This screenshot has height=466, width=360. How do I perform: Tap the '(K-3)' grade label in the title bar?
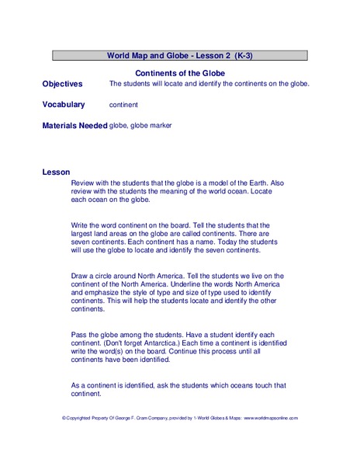tap(240, 56)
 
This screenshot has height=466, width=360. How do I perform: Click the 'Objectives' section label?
tap(62, 83)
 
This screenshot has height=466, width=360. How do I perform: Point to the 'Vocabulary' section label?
tap(64, 104)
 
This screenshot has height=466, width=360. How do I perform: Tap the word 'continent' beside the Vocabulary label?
tap(123, 104)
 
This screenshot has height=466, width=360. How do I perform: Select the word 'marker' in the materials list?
tap(158, 125)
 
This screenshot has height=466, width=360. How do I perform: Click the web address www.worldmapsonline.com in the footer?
tap(269, 418)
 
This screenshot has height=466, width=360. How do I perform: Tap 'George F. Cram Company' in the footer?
tap(134, 418)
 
